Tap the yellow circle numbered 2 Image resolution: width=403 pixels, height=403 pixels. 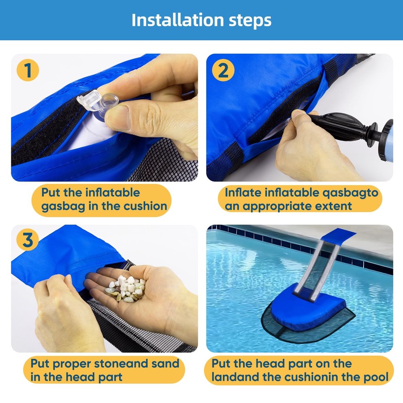(223, 71)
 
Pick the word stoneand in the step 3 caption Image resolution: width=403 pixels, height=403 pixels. (133, 363)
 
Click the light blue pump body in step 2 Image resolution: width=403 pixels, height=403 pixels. (388, 134)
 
